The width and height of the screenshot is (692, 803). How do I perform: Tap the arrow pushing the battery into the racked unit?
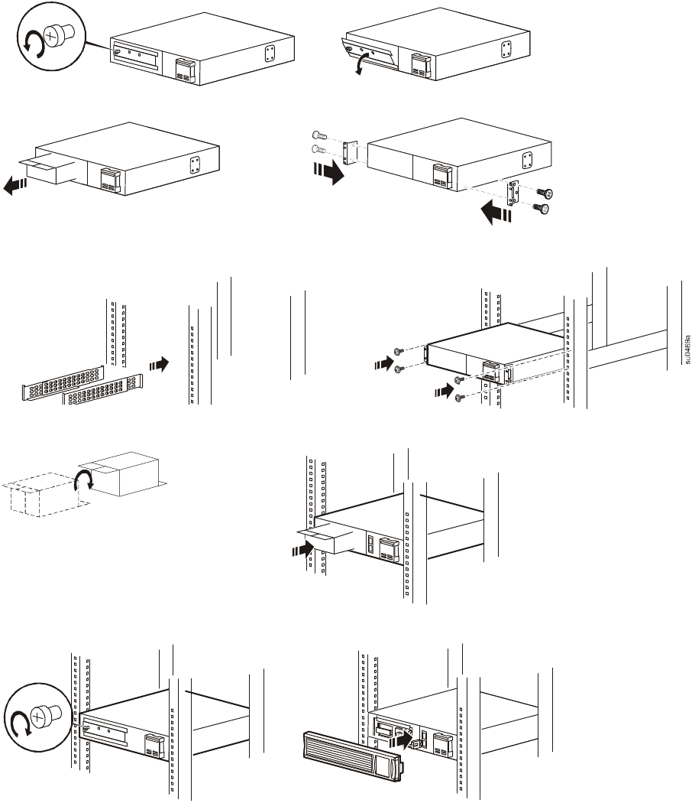302,548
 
